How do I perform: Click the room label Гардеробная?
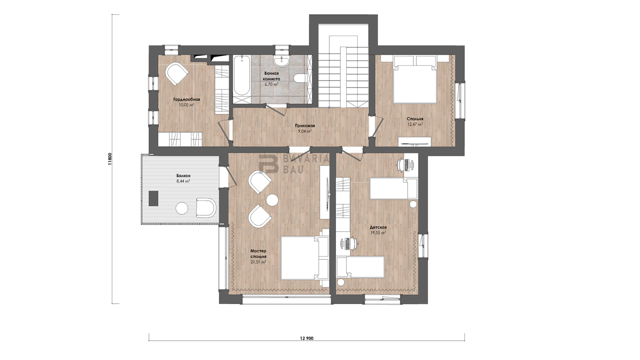coord(186,100)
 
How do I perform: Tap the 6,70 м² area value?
coord(271,84)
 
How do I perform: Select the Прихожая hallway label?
coord(305,126)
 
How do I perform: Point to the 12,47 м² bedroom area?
coord(415,124)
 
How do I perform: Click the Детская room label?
coord(378,228)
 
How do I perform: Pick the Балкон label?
coord(183,176)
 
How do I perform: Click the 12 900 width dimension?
coord(306,338)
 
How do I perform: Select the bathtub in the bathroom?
coord(242,75)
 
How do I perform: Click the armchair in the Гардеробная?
coord(177,74)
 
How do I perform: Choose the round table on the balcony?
coord(182,208)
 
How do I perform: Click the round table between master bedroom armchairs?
coord(272,200)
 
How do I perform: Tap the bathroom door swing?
coord(276,110)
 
